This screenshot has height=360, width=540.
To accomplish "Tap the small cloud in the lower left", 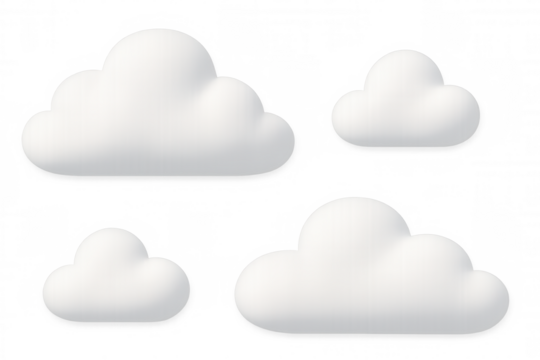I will pos(115,280).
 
